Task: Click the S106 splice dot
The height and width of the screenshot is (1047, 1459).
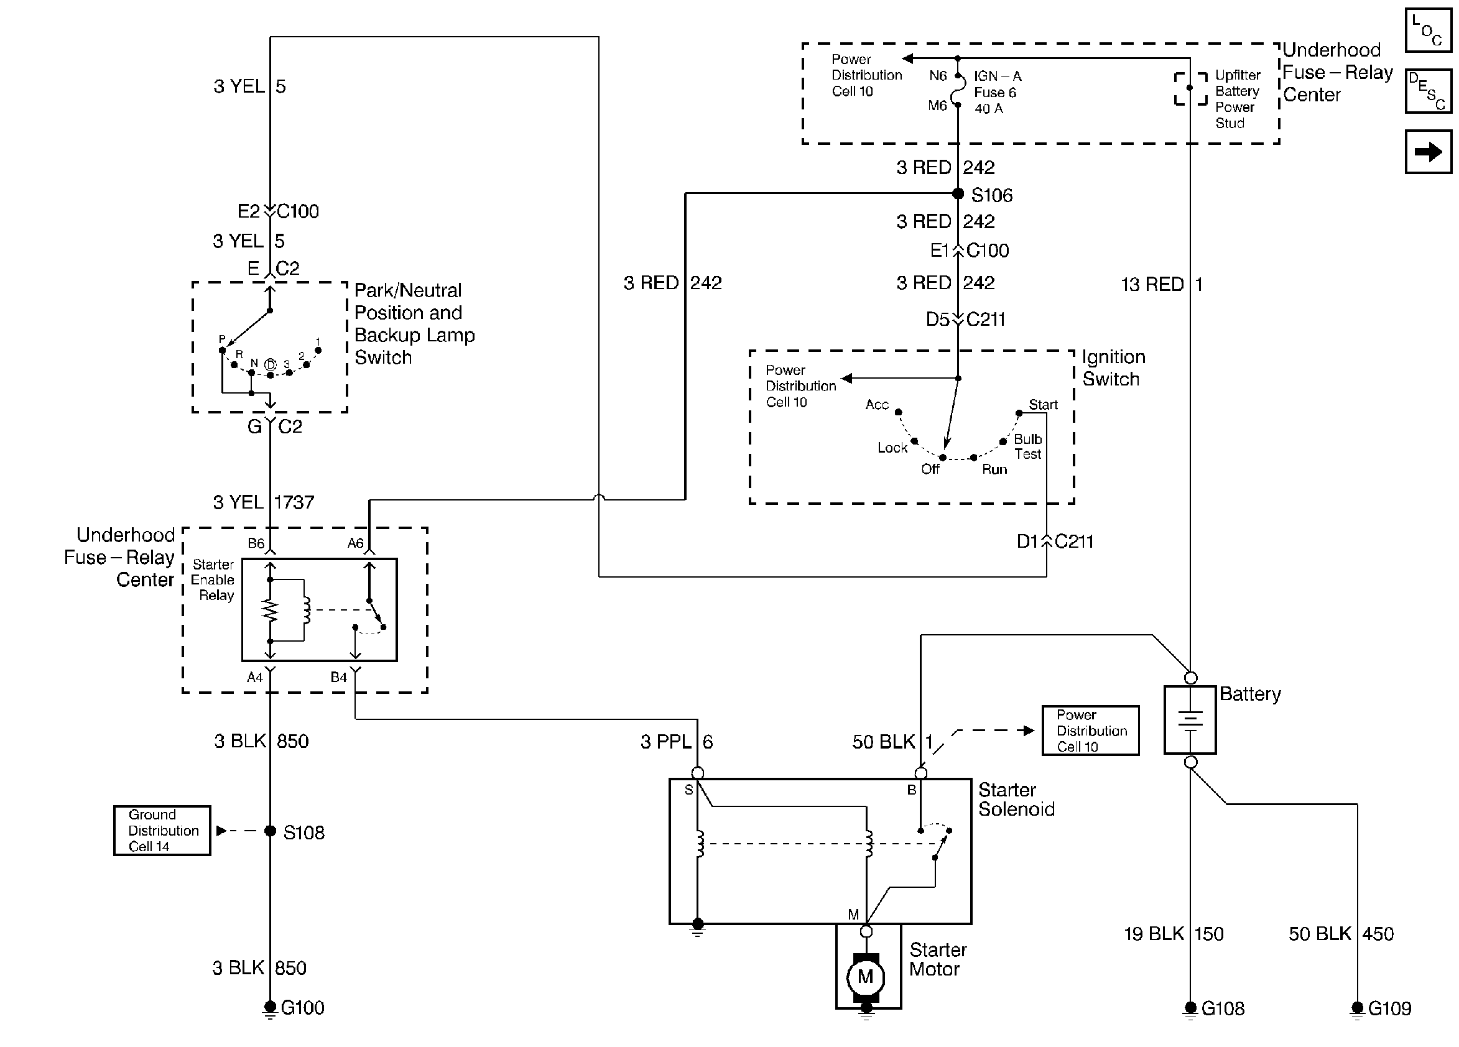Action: [958, 193]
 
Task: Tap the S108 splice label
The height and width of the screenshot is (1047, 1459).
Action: [303, 833]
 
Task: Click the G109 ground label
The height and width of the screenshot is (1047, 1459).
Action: [1389, 1008]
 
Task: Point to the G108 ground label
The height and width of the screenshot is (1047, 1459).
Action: [1223, 1008]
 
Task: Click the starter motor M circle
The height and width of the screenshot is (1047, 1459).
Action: [866, 977]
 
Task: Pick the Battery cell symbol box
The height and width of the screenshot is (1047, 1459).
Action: [1190, 719]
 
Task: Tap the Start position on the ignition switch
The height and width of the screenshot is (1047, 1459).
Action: [1019, 413]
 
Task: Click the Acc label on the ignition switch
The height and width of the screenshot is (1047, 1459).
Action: [877, 405]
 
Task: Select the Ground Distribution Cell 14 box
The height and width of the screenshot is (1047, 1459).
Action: [162, 830]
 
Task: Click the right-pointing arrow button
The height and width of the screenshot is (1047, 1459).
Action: [1428, 152]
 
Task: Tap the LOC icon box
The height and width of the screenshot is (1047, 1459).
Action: [1428, 30]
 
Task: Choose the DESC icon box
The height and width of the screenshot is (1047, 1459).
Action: [1428, 91]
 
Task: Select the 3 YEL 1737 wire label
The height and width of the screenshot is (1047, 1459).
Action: [264, 502]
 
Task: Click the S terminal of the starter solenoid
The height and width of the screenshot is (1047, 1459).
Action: [697, 773]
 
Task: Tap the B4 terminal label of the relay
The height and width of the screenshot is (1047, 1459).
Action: [338, 677]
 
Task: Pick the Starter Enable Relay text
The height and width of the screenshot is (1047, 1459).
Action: [213, 580]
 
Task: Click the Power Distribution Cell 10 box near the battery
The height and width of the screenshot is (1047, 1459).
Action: [1090, 731]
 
